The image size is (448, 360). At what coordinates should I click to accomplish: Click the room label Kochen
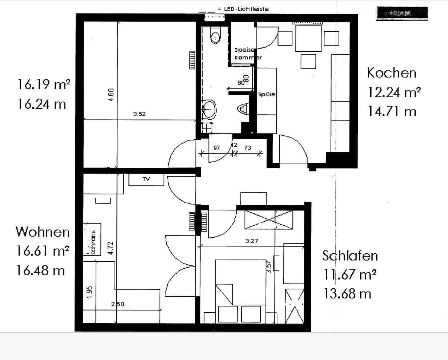(391, 72)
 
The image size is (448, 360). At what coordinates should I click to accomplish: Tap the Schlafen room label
(350, 256)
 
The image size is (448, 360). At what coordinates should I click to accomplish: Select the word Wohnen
(42, 232)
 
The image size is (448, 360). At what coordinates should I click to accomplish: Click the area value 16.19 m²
(44, 85)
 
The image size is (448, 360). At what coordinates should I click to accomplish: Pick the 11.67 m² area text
(349, 274)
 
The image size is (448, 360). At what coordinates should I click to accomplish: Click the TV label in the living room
(146, 179)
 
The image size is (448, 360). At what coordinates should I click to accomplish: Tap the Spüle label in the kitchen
(267, 95)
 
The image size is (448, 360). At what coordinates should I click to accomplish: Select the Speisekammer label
(247, 54)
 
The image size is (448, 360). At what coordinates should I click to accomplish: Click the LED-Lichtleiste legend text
(243, 9)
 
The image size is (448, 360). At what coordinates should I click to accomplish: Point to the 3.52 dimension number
(139, 114)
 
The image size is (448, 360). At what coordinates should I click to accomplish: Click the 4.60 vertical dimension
(111, 95)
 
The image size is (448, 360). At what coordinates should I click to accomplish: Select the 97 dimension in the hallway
(216, 147)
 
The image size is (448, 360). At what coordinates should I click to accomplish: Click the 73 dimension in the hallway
(247, 147)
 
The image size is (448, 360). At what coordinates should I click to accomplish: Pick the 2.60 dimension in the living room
(118, 304)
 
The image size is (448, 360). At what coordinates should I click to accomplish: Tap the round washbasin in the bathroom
(209, 108)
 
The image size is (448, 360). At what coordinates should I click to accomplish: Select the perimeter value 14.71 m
(391, 111)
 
